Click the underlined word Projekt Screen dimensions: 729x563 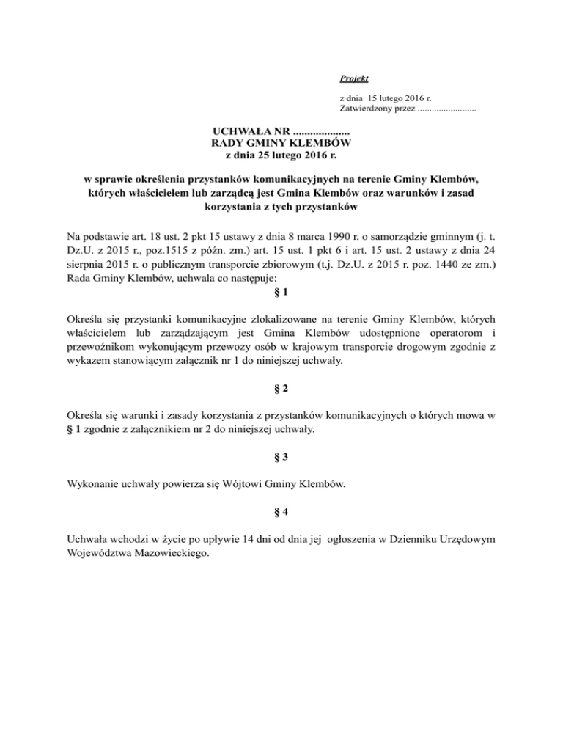point(354,78)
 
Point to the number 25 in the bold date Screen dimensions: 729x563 point(266,155)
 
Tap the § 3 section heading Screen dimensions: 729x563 point(281,458)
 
